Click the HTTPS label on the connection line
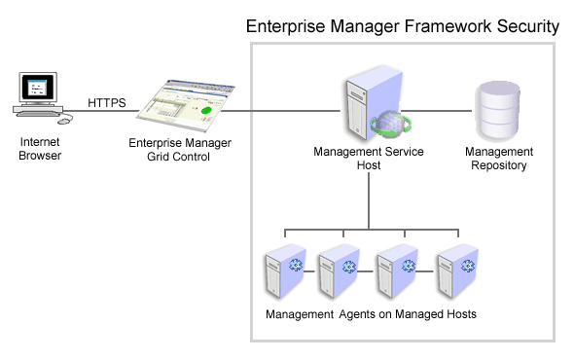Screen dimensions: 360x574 (x=107, y=101)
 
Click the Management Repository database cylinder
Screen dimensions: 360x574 (x=497, y=111)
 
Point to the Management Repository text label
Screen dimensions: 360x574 (x=498, y=159)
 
